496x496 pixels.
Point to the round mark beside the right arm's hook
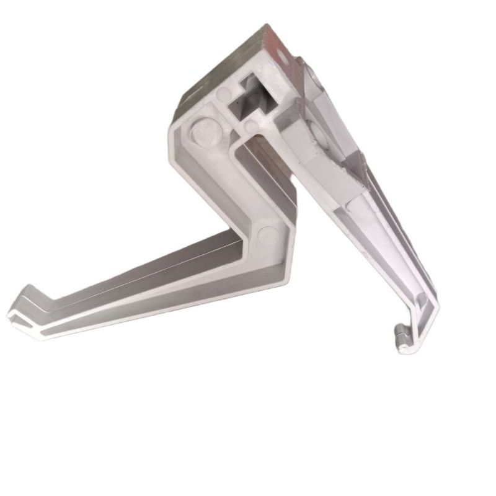(422, 303)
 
